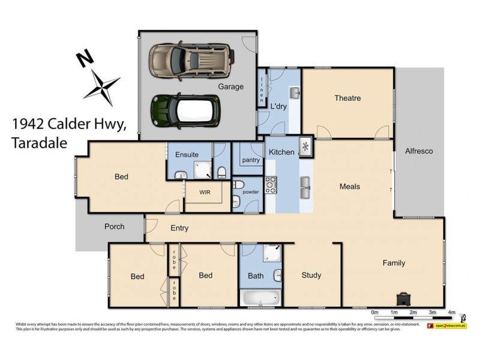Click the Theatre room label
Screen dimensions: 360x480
[x=347, y=98]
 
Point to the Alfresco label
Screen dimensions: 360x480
[x=419, y=151]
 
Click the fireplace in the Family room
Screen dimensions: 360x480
[x=403, y=298]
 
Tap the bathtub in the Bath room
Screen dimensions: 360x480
[x=260, y=297]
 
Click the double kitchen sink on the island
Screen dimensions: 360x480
[x=305, y=188]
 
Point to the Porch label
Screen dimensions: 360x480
[x=114, y=226]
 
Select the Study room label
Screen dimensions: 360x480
[x=311, y=275]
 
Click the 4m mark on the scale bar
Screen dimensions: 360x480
[x=451, y=313]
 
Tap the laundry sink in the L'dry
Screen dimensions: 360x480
[x=293, y=92]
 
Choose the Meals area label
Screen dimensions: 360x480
[x=349, y=187]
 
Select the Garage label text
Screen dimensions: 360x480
[x=230, y=86]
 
